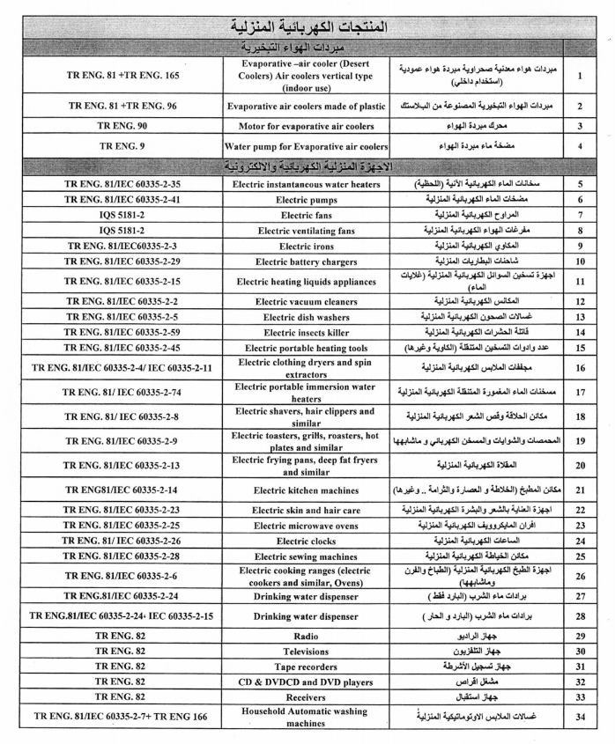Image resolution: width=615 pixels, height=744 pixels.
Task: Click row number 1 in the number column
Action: [580, 76]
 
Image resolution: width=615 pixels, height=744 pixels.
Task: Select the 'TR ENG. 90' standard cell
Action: [122, 126]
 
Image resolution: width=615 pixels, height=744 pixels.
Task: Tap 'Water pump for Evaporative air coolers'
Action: [305, 145]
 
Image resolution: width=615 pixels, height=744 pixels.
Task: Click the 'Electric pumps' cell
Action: [305, 200]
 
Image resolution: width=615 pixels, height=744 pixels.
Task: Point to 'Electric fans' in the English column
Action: [305, 215]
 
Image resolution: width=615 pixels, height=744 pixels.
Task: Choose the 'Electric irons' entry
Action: [305, 246]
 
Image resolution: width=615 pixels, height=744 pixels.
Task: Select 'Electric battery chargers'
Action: [305, 262]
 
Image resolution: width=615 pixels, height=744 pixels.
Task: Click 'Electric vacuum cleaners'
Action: [305, 301]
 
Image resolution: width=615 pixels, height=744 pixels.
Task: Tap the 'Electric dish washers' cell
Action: [305, 316]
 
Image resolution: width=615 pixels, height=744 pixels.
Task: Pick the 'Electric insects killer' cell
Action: [305, 332]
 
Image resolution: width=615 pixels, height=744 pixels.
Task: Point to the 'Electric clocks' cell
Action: [305, 541]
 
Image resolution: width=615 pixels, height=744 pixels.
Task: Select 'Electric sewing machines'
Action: [305, 556]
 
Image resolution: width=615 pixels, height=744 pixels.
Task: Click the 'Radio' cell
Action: [305, 635]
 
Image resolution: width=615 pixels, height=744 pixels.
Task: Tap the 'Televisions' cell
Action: [305, 651]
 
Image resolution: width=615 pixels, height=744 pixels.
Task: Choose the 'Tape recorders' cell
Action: [305, 666]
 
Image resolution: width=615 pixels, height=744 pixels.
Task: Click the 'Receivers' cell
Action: [305, 696]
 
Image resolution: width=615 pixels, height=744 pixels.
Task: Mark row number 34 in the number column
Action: [580, 718]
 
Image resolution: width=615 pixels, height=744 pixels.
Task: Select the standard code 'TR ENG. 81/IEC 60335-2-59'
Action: [122, 332]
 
